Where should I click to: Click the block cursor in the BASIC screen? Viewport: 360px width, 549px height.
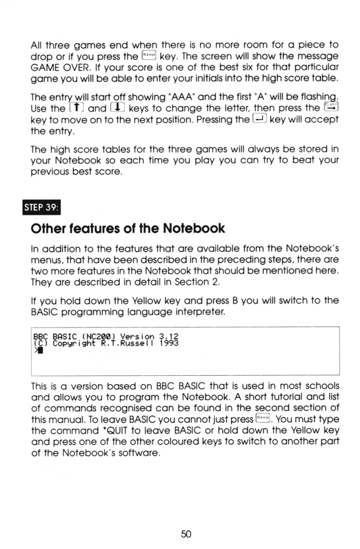pyautogui.click(x=39, y=349)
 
